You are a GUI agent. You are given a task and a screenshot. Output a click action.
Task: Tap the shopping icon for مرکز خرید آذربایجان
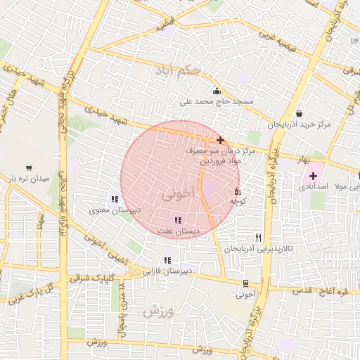(300, 113)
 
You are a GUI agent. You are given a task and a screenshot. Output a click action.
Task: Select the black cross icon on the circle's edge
(220, 140)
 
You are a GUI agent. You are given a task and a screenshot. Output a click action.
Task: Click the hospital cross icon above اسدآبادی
(313, 175)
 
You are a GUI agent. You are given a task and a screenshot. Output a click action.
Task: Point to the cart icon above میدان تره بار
(29, 168)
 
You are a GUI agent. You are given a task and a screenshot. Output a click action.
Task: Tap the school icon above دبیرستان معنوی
(115, 199)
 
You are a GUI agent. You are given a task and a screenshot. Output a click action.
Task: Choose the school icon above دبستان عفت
(177, 220)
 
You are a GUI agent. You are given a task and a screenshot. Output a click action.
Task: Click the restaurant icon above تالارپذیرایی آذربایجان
(259, 238)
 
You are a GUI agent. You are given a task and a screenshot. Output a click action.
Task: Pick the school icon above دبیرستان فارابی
(167, 259)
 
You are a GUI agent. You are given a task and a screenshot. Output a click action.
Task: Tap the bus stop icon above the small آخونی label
(245, 283)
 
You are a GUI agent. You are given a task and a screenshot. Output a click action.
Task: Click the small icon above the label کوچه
(237, 191)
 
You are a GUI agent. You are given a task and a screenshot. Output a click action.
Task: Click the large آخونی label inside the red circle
(176, 195)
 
